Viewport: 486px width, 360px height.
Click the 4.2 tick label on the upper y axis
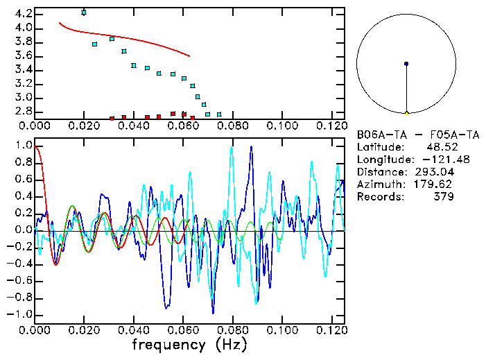21,14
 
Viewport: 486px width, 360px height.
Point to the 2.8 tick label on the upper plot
21,111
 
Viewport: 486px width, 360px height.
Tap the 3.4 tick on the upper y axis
21,69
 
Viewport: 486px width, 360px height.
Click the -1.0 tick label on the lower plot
19,314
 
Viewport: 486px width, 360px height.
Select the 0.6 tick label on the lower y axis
21,179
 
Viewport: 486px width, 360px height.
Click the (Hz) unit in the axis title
228,345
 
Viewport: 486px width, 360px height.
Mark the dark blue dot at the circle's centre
406,63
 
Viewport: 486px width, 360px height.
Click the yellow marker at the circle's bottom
406,112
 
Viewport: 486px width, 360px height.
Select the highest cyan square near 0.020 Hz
84,12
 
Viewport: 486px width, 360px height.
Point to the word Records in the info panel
379,196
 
